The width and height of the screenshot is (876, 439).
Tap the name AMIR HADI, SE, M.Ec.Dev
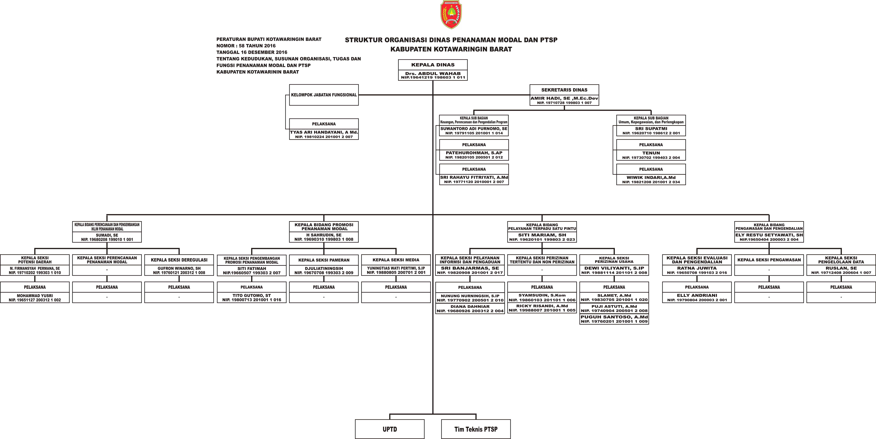click(564, 98)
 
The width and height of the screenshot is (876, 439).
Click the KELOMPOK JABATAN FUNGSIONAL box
click(324, 95)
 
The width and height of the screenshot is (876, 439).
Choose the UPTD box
click(390, 429)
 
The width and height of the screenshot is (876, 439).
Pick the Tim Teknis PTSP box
click(476, 429)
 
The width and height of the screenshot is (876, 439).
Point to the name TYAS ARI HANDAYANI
click(324, 132)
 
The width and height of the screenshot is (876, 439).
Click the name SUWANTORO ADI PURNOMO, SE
click(474, 129)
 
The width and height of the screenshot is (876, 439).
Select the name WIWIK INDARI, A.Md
click(651, 177)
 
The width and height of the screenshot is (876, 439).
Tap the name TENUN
click(651, 153)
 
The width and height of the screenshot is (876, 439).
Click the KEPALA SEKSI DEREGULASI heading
click(179, 260)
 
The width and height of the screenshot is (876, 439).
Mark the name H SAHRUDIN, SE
click(324, 235)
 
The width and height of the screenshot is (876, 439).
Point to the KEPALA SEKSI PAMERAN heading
click(324, 260)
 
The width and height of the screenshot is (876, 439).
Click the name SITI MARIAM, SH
click(542, 235)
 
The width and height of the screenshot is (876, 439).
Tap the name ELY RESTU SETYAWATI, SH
click(769, 235)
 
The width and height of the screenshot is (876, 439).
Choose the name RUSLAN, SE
click(841, 268)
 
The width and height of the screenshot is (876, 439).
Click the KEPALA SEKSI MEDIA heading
click(396, 260)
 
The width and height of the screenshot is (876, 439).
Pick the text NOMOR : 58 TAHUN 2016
click(246, 46)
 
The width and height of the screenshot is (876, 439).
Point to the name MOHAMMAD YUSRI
click(35, 296)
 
